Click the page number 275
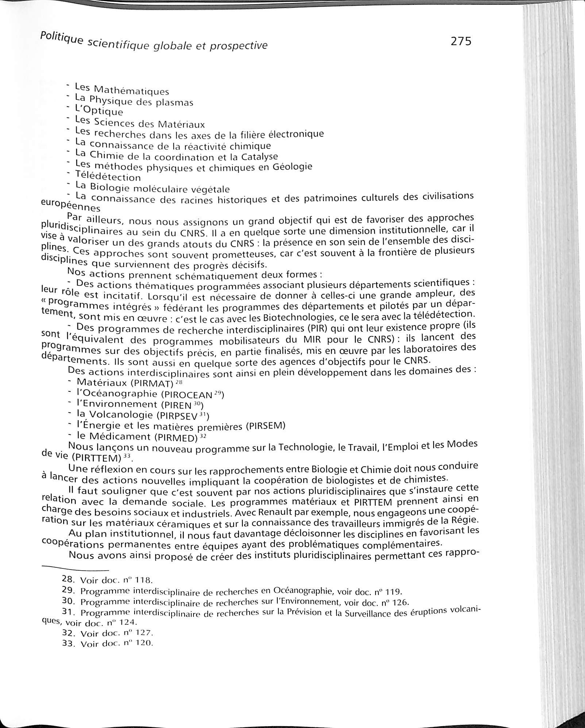click(x=461, y=41)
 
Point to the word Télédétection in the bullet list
click(x=108, y=177)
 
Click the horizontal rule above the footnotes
click(x=76, y=570)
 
